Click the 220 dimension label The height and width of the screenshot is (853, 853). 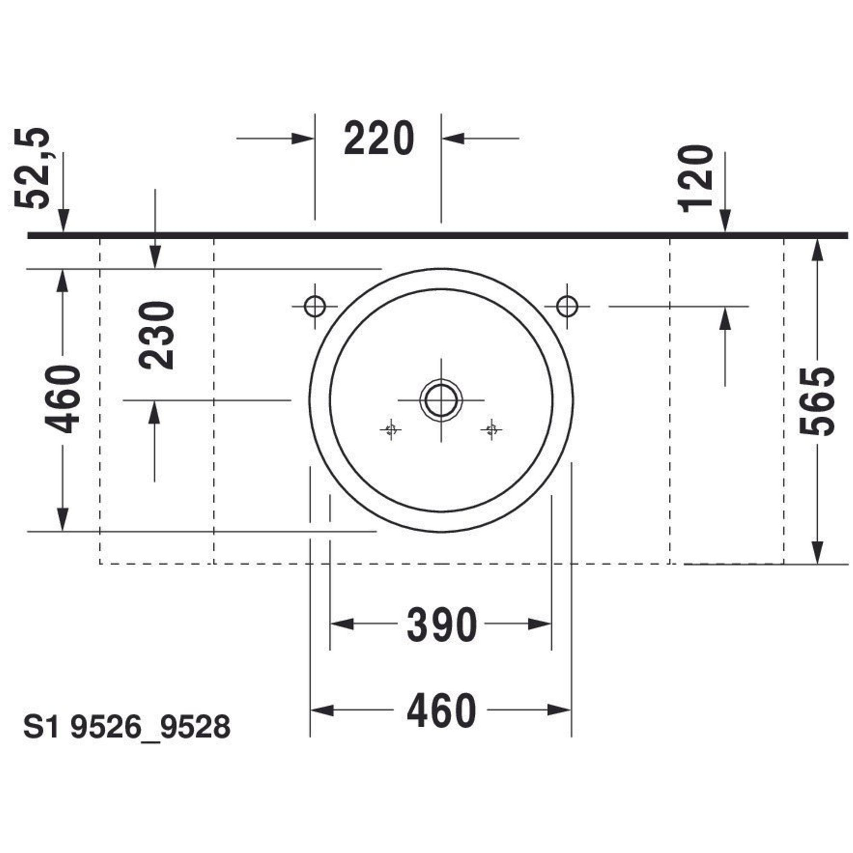379,139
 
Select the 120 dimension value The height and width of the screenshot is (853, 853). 695,178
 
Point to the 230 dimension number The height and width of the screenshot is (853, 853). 156,335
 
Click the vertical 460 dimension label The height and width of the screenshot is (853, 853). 63,399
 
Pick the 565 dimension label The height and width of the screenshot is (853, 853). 817,401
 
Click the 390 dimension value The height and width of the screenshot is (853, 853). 441,624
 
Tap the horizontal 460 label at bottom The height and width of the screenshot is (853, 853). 441,711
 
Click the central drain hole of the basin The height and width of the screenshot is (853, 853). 441,400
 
